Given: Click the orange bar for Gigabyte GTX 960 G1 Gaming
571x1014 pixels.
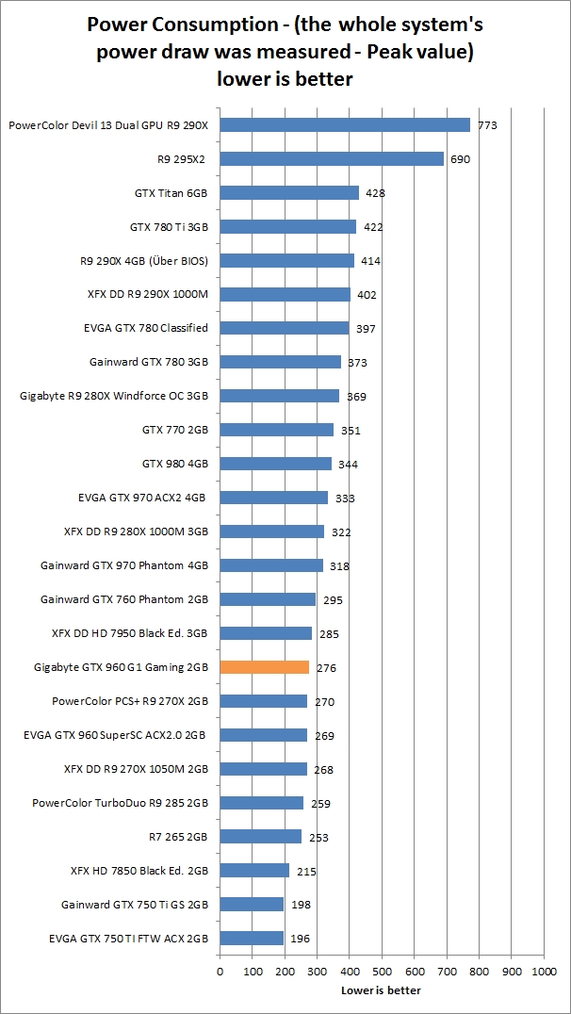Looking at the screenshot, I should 264,667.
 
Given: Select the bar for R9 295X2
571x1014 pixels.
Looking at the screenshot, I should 332,159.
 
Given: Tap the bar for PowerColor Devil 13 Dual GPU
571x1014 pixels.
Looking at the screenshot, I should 345,125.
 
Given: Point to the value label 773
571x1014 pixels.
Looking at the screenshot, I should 487,125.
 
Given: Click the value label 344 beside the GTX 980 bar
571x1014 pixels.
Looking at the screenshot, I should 349,465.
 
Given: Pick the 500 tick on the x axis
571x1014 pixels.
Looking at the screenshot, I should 382,970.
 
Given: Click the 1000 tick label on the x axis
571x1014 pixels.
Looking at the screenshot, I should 544,970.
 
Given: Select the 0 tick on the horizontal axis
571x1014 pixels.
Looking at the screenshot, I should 220,970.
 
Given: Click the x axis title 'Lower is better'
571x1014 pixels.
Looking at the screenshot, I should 381,990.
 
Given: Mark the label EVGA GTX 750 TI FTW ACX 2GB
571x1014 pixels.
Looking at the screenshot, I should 129,939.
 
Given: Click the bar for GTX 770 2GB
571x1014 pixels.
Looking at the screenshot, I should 277,430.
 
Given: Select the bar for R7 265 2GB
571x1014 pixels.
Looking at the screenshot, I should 261,837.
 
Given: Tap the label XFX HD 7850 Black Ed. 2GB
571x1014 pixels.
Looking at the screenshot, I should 139,871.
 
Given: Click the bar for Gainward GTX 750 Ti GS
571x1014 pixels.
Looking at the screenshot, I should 252,905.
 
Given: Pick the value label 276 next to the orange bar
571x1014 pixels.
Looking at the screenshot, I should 327,668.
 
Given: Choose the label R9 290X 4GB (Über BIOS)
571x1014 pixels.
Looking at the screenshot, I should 144,261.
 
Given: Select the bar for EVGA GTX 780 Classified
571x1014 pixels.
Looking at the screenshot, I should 285,328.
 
